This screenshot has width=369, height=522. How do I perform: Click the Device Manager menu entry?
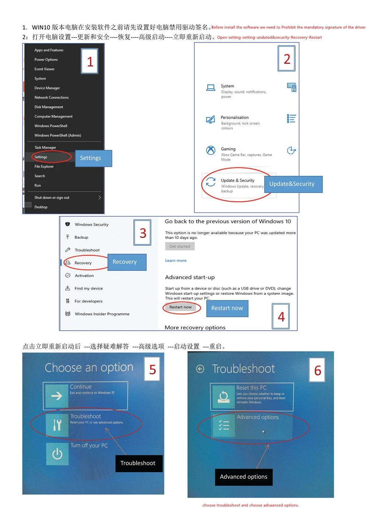[47, 88]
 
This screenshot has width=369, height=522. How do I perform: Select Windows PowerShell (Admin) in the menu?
[58, 135]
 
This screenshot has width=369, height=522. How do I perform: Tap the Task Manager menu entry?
[45, 148]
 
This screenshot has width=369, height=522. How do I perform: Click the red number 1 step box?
[90, 62]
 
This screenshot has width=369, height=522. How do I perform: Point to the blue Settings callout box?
[93, 158]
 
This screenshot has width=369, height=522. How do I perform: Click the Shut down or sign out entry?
[52, 198]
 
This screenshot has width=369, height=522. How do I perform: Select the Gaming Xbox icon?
[211, 150]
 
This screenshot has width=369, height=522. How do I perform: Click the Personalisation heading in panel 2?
[235, 118]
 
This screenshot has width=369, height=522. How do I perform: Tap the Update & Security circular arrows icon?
[211, 182]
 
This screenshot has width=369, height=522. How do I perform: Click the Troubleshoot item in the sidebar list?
[87, 250]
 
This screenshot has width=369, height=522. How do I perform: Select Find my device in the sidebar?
[89, 288]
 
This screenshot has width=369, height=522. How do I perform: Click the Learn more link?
[176, 260]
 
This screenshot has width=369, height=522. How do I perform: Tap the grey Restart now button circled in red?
[180, 307]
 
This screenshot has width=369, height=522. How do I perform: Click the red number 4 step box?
[281, 317]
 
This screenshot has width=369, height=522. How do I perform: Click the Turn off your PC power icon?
[57, 454]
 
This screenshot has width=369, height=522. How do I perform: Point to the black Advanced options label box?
[244, 477]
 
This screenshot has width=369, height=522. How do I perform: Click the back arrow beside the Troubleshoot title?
[200, 369]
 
